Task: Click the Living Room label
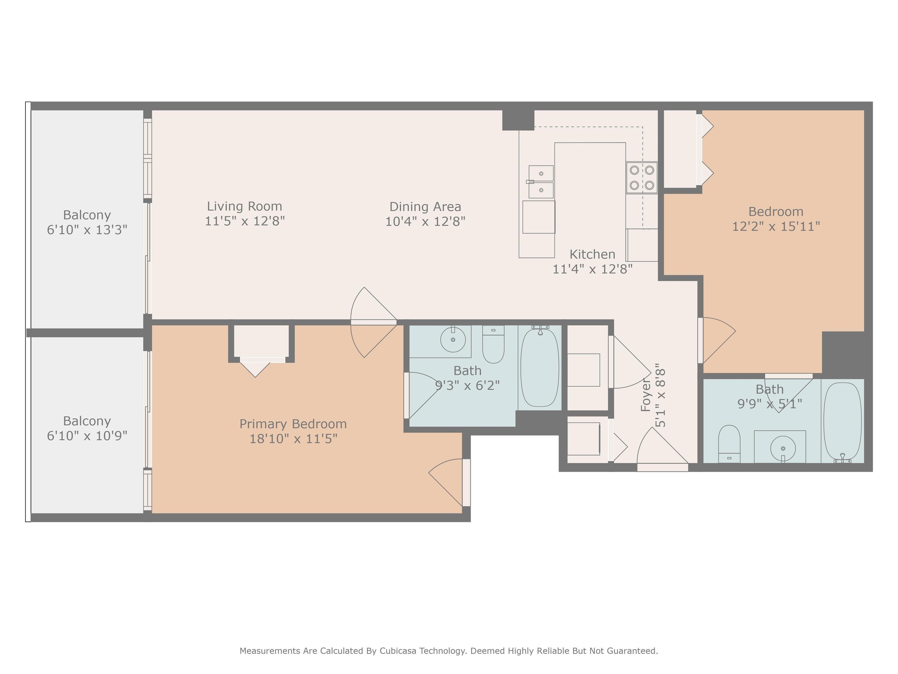(244, 207)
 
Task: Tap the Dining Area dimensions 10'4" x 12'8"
(425, 221)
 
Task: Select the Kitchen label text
(592, 254)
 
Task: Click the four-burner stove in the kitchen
(641, 178)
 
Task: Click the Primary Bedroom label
(293, 424)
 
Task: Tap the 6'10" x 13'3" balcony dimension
(87, 230)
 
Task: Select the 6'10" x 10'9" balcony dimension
(87, 436)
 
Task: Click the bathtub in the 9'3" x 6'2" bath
(540, 367)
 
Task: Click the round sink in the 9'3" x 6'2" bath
(453, 339)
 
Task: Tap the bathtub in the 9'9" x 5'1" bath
(842, 422)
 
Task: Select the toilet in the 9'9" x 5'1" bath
(729, 444)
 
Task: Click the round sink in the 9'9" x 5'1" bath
(783, 448)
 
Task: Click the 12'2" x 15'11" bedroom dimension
(776, 226)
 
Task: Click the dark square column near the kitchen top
(518, 120)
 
